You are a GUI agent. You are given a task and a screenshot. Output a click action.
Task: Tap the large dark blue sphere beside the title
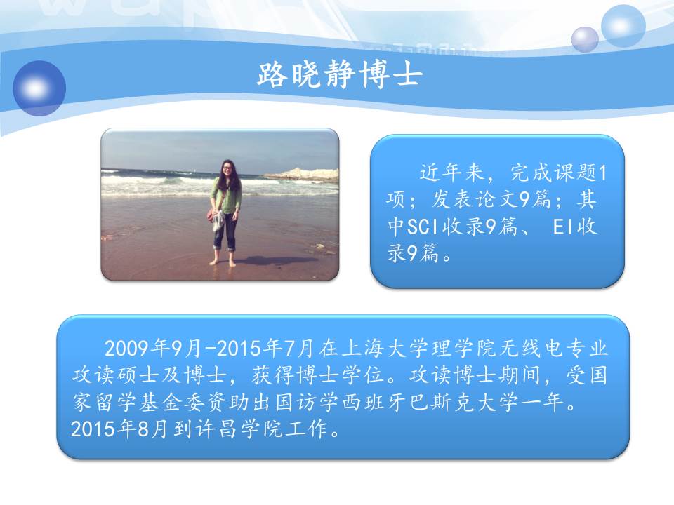tap(39, 88)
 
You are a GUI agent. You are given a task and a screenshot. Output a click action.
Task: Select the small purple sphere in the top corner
tap(585, 39)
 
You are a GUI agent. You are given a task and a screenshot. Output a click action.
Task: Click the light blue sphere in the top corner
tap(623, 26)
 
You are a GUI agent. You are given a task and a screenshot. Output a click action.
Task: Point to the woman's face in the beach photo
tap(227, 168)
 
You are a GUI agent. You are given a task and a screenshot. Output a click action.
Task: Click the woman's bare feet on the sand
tap(223, 262)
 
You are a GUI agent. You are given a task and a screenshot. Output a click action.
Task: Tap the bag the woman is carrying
tap(211, 215)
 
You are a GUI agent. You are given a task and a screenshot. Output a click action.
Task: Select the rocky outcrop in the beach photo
tap(302, 174)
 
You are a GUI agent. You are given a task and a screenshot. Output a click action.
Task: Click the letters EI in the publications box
tap(562, 227)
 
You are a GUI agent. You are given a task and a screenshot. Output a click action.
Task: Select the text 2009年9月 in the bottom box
tap(152, 349)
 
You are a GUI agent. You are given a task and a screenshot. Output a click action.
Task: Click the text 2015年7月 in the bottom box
tap(265, 349)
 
